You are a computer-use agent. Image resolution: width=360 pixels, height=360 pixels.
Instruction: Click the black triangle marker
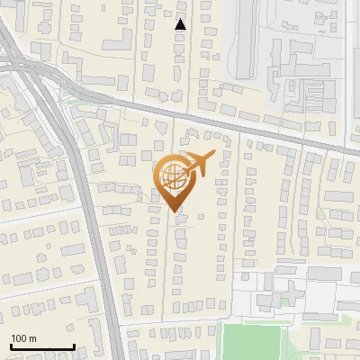(181, 24)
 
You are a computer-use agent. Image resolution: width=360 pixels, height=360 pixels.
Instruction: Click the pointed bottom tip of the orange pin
(175, 211)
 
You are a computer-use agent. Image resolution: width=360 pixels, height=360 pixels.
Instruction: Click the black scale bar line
(42, 346)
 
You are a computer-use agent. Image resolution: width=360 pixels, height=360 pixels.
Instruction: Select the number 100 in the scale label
(20, 338)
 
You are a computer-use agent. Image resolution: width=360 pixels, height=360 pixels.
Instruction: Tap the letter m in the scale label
(33, 338)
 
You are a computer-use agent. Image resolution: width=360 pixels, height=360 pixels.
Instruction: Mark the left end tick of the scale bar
(11, 345)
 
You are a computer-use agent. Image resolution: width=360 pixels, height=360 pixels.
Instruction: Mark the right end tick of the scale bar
(74, 345)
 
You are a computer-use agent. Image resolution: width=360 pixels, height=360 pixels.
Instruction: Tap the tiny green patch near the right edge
(319, 212)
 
